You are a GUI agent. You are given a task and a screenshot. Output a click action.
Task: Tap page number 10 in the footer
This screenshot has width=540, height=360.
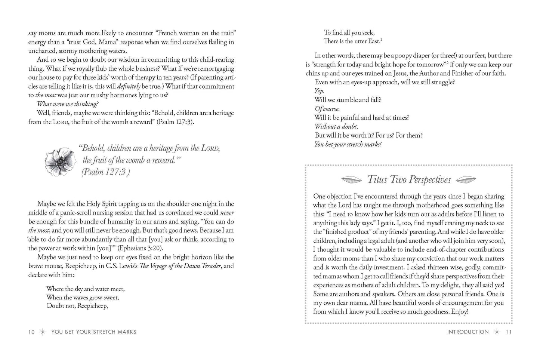coord(31,332)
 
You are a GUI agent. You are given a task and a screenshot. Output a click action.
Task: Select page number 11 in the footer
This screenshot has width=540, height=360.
coord(508,332)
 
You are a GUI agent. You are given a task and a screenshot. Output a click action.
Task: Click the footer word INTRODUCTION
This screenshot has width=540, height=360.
coord(468,332)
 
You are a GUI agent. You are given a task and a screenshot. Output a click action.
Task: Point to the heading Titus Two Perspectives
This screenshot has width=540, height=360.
coord(409,180)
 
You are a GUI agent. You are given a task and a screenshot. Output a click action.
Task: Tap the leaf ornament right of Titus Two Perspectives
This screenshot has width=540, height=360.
coord(466,180)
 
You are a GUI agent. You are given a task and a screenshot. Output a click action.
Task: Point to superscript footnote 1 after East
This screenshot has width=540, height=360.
coord(381,39)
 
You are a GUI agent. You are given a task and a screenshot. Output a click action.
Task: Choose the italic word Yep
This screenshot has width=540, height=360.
coord(319,91)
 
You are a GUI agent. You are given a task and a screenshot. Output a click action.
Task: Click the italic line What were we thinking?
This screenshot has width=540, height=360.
coord(68,104)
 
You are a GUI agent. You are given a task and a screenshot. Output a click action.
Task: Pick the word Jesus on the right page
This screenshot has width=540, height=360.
coord(396,73)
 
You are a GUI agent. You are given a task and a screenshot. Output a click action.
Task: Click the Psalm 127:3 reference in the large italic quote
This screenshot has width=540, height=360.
coord(105,172)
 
